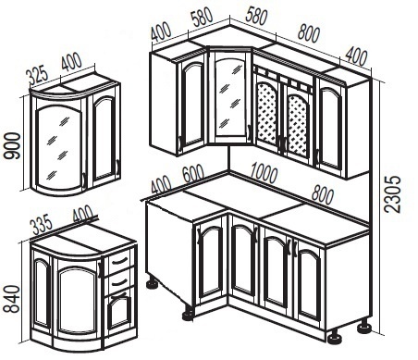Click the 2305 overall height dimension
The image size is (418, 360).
(x=393, y=194)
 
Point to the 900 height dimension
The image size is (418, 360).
(x=12, y=146)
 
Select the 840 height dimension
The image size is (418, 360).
(x=12, y=299)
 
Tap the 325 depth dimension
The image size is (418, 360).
(x=37, y=74)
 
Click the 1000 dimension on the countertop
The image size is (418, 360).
(x=264, y=173)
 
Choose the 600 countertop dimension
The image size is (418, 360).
(x=193, y=174)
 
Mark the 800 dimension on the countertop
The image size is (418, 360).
(x=323, y=194)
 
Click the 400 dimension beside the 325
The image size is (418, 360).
(x=71, y=62)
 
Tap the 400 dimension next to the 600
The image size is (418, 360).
(x=161, y=184)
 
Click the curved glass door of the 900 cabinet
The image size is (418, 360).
(x=58, y=145)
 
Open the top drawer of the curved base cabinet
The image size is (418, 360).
(x=118, y=262)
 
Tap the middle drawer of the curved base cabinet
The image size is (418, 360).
(x=118, y=281)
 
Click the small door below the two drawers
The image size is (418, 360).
(x=118, y=312)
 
